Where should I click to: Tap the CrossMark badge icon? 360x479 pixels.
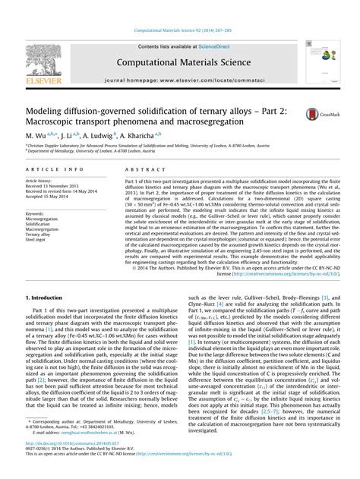coord(323,115)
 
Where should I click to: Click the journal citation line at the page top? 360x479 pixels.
coord(179,8)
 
